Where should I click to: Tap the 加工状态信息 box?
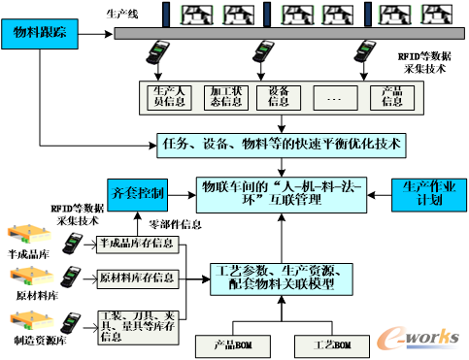click(x=225, y=96)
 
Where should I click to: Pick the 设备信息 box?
click(x=279, y=96)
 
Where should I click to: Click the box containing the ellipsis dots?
click(x=335, y=96)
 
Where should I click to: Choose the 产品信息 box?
click(x=392, y=96)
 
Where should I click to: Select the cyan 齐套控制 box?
click(x=138, y=193)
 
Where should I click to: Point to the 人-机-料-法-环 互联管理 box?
click(x=282, y=192)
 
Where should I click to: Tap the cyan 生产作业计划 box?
click(x=422, y=193)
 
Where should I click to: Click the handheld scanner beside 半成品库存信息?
click(x=72, y=243)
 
